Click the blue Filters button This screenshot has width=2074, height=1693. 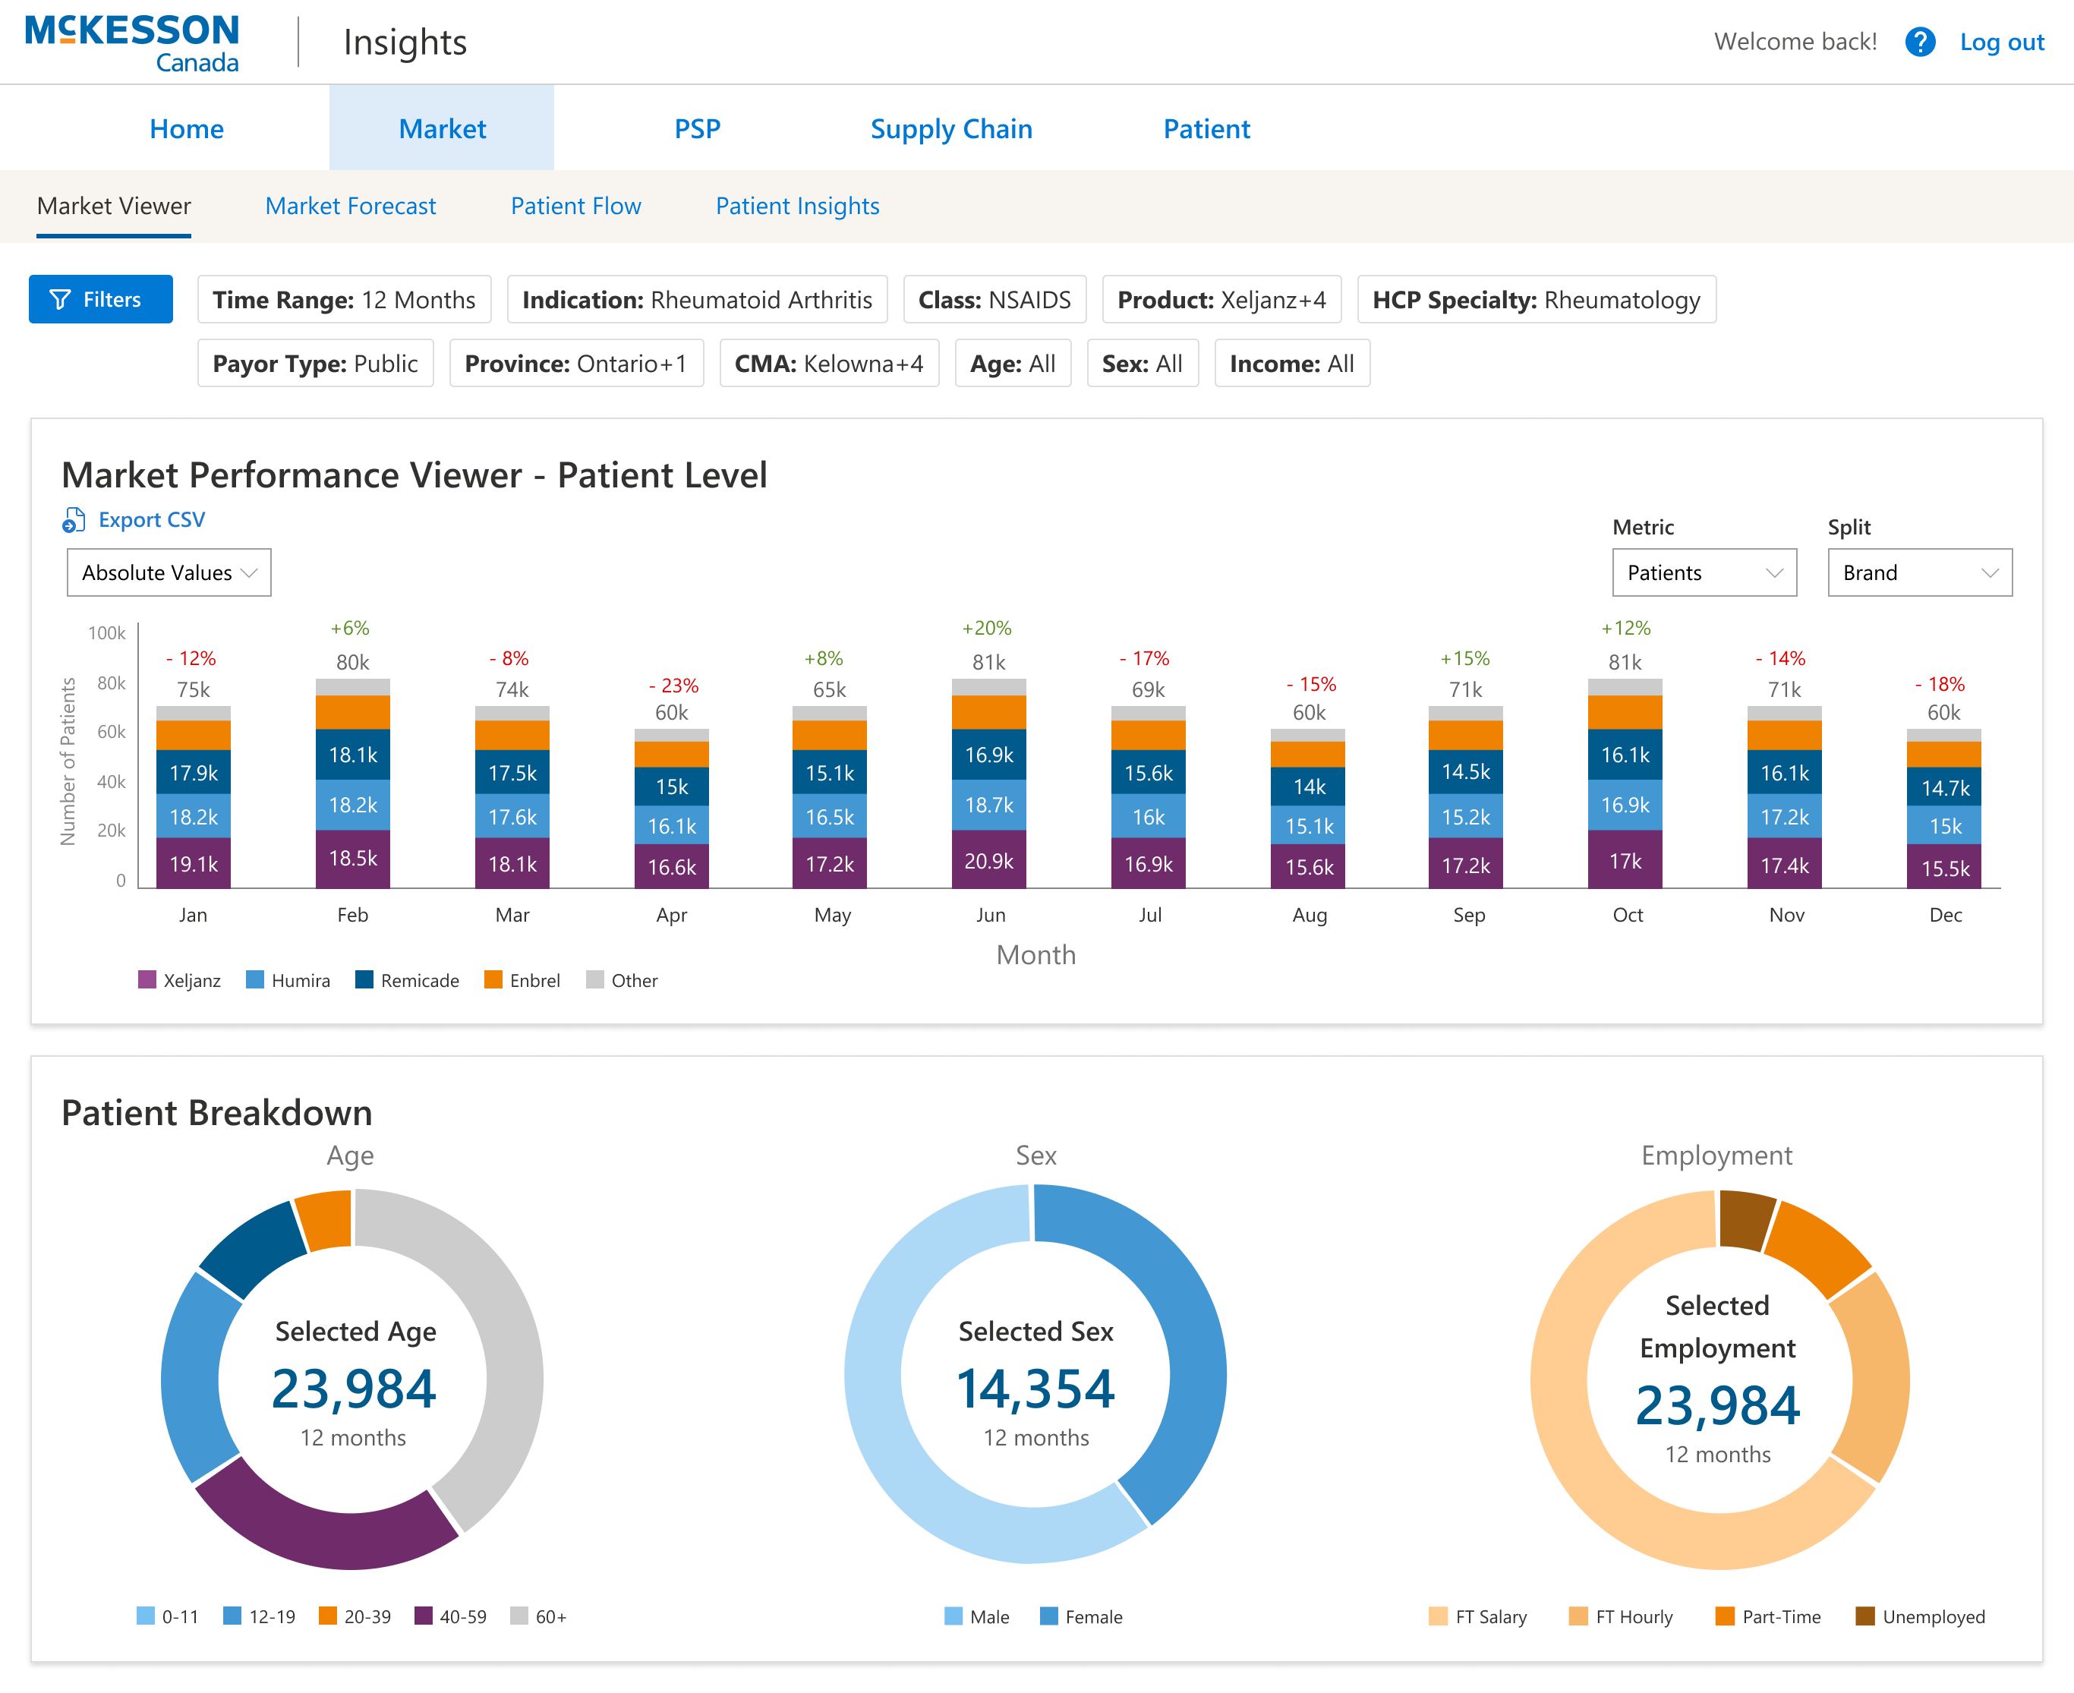point(100,299)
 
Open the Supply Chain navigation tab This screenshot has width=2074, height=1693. point(950,129)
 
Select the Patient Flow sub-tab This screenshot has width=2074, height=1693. point(575,206)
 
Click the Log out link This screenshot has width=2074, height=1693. point(2001,42)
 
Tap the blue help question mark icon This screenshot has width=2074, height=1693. point(1919,42)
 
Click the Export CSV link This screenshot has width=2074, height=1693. point(150,520)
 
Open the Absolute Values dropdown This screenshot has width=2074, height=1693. point(169,572)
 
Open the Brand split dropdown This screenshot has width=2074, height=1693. point(1918,572)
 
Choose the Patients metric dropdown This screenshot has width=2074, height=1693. point(1703,572)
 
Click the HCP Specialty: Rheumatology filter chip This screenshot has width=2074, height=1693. point(1536,299)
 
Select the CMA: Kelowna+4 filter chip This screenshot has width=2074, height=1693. point(829,364)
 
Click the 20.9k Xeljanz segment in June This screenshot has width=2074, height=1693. point(988,860)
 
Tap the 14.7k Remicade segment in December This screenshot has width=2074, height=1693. point(1944,787)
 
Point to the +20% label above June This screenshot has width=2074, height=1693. point(987,628)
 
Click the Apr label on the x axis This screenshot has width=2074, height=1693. point(671,915)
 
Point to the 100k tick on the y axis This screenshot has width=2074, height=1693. point(106,633)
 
